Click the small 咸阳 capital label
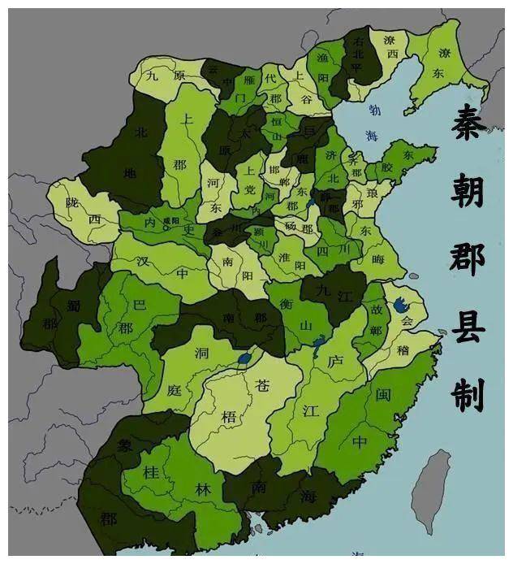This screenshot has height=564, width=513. coord(171,220)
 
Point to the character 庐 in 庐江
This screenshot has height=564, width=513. coord(335,361)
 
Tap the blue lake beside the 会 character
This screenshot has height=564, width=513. coord(400,306)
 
